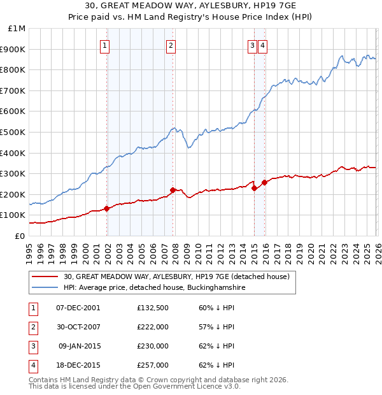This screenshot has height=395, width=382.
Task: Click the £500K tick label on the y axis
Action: pos(13,132)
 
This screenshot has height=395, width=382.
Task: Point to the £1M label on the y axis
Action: pos(17,29)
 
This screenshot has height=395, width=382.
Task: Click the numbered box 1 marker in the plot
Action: pos(105,45)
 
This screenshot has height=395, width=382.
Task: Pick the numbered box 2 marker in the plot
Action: pos(171,45)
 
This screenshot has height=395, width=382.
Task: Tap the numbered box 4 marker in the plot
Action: pos(262,45)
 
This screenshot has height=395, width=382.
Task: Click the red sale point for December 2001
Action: pos(107,208)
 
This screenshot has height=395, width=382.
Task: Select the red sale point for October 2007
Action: pos(173,190)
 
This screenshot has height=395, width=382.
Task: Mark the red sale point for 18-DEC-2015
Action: pos(264,182)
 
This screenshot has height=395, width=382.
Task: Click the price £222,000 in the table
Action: pos(153,326)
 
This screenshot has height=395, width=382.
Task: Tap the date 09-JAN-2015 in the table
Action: pos(80,346)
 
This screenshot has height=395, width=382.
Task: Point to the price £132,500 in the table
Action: pos(153,307)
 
